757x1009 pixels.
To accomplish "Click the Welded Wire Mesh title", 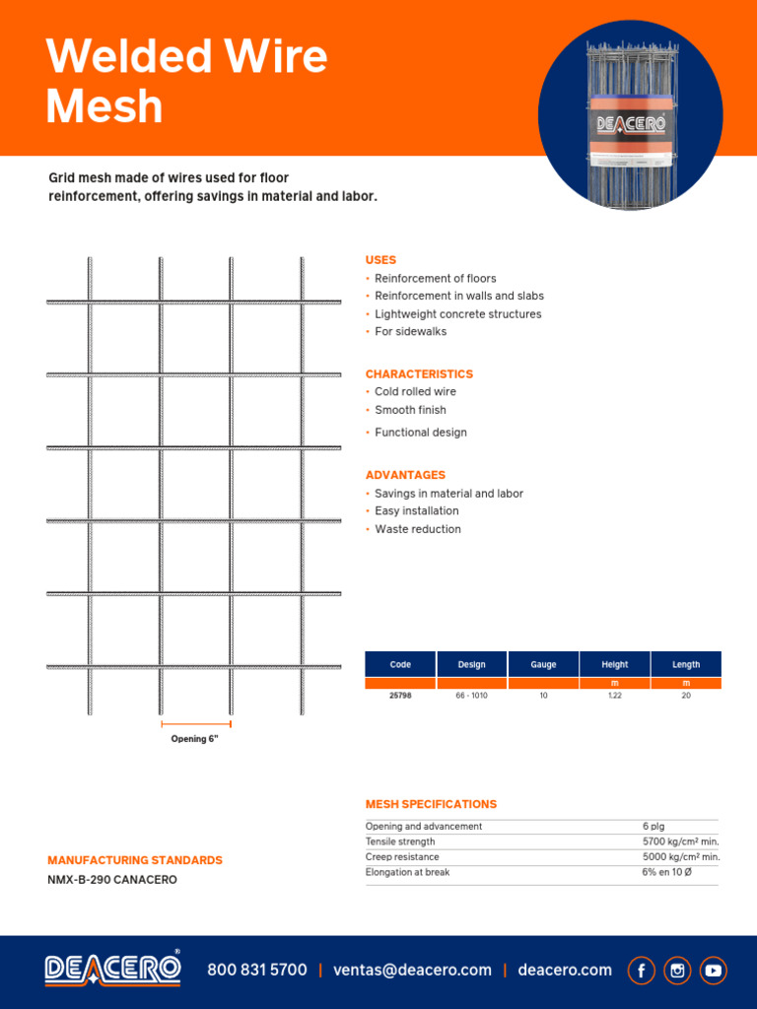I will click(186, 81).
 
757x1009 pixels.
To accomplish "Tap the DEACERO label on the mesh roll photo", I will click(631, 125).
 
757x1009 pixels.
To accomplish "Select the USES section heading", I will click(380, 260).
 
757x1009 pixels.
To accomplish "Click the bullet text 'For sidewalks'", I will click(410, 332).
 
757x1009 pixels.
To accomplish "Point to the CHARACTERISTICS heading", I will click(419, 374).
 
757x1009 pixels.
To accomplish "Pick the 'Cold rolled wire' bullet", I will click(415, 392).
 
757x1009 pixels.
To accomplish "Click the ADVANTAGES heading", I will click(405, 475).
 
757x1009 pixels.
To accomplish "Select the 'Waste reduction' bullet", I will click(417, 529).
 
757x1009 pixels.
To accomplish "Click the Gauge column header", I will click(543, 665).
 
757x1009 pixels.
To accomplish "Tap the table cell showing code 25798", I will click(400, 695).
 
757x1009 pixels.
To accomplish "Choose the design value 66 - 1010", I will click(471, 695).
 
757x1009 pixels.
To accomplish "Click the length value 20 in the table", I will click(686, 695).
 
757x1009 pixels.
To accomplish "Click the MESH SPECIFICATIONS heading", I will click(431, 805).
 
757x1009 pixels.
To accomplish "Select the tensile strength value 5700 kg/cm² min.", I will click(680, 842).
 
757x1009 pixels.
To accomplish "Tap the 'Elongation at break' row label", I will click(407, 873).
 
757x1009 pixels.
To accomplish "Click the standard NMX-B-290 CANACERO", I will click(112, 880).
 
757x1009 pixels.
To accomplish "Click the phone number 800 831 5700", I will click(256, 971).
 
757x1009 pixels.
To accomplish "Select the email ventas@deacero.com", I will click(412, 971).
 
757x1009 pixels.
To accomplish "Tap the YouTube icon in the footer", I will click(713, 971).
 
